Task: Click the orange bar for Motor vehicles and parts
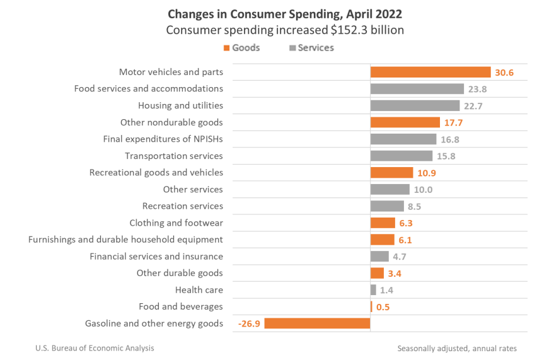(x=430, y=73)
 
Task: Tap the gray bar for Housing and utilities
(x=415, y=106)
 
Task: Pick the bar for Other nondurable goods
(x=405, y=122)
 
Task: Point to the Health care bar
(x=373, y=290)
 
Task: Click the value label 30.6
(x=504, y=73)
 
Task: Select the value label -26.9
(x=249, y=323)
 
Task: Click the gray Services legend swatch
(x=292, y=48)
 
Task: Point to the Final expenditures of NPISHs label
(x=163, y=139)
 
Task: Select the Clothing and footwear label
(x=176, y=223)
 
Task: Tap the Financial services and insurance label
(x=156, y=257)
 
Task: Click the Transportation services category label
(x=173, y=156)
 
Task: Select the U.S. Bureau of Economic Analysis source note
(x=95, y=348)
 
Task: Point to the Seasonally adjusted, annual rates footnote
(x=457, y=348)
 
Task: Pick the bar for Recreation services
(x=387, y=206)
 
